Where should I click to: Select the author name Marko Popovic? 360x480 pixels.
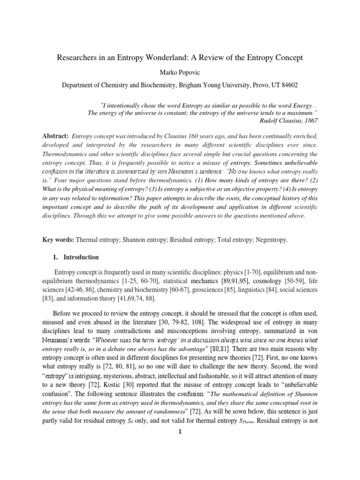(x=180, y=73)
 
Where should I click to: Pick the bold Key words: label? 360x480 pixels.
(x=59, y=240)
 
